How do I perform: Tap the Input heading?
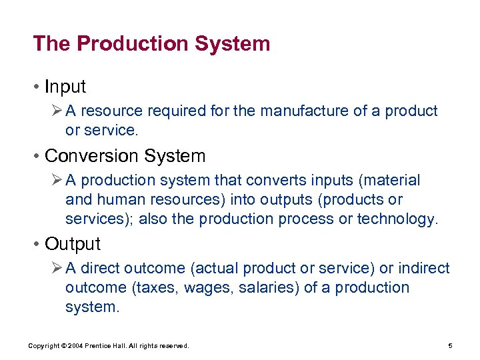65,87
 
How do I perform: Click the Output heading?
72,244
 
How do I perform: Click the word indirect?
424,268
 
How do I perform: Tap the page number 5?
451,346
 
